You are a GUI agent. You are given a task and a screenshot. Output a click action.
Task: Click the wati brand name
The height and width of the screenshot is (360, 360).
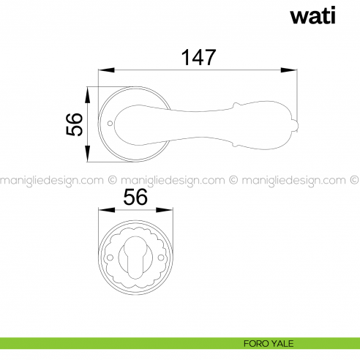click(312, 15)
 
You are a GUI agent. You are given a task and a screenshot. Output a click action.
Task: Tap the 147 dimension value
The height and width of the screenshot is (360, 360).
click(198, 57)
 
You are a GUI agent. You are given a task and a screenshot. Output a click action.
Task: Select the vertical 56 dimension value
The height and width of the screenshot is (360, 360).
click(75, 124)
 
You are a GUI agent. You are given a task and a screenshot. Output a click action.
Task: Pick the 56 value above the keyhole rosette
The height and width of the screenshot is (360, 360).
click(135, 197)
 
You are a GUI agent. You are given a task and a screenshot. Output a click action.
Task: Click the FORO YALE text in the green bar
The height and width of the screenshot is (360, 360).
click(269, 344)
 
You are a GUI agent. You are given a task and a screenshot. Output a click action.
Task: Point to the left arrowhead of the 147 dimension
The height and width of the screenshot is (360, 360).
click(106, 70)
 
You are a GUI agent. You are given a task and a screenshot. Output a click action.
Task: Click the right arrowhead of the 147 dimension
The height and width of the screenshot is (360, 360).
click(289, 70)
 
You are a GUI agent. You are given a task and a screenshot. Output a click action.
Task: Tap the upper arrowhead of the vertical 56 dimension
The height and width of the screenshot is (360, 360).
click(88, 95)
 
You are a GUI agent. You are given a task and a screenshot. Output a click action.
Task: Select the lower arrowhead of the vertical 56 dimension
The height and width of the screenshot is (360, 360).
click(88, 154)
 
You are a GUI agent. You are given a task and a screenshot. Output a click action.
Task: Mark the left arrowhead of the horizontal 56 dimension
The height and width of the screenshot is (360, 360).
click(107, 210)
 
